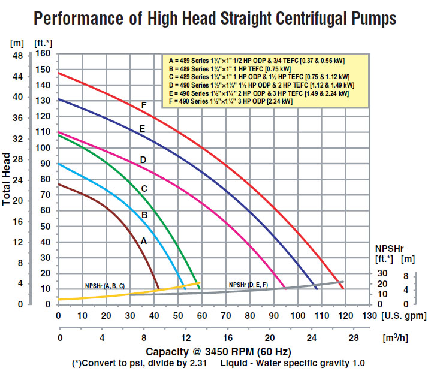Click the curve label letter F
point(144,105)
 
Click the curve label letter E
point(142,128)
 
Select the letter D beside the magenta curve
point(143,159)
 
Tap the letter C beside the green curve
point(144,188)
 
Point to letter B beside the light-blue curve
point(144,215)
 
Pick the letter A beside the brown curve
point(143,240)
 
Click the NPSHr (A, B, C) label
point(105,286)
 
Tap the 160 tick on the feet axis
point(43,53)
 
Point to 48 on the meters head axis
point(18,55)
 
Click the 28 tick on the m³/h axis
point(353,338)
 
